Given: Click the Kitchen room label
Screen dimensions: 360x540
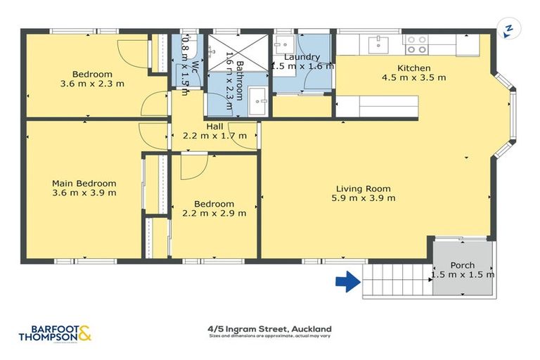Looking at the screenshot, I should [414, 67].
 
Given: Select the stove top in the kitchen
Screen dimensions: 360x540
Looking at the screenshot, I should [417, 45].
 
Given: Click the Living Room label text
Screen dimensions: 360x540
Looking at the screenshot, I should [363, 188].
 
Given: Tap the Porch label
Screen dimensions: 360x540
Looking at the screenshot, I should [462, 265].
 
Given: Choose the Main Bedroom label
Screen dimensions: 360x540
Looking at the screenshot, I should [84, 183].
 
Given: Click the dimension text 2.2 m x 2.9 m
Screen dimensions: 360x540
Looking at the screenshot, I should [214, 214].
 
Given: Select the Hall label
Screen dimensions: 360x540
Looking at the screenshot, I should [214, 126].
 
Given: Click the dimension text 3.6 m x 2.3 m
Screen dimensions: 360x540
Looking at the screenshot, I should [92, 84].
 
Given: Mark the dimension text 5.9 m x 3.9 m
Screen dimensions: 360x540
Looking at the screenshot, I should [363, 198].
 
